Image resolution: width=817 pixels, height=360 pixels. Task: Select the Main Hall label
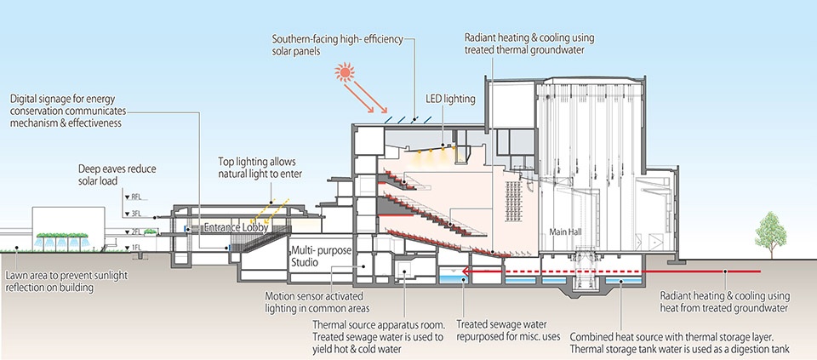click(565, 231)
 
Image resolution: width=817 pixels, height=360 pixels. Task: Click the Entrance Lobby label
click(238, 229)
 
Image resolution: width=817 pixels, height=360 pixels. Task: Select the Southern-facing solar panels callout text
click(336, 46)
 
